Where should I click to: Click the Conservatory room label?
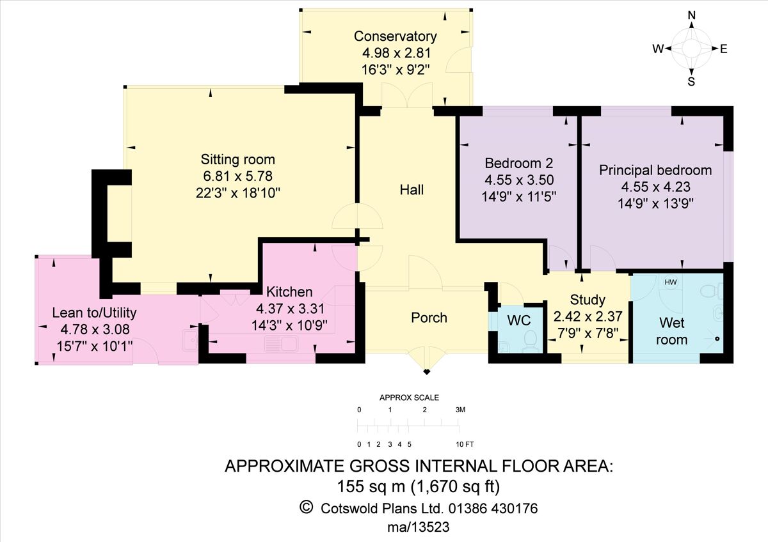pyautogui.click(x=396, y=36)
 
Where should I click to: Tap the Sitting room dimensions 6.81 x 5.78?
pyautogui.click(x=237, y=175)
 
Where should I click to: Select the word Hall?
pyautogui.click(x=412, y=190)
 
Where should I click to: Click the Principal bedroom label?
pyautogui.click(x=655, y=170)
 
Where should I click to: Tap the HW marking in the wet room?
pyautogui.click(x=671, y=283)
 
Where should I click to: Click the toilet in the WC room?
pyautogui.click(x=531, y=338)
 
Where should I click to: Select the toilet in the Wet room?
pyautogui.click(x=708, y=291)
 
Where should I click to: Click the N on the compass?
pyautogui.click(x=691, y=16)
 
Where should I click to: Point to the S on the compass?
pyautogui.click(x=691, y=81)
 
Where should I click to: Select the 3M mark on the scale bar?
pyautogui.click(x=460, y=410)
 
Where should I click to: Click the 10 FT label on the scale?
pyautogui.click(x=465, y=444)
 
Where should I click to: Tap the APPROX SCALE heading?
pyautogui.click(x=410, y=398)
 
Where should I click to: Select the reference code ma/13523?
pyautogui.click(x=419, y=527)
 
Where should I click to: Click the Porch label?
pyautogui.click(x=429, y=318)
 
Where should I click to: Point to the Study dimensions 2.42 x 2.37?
pyautogui.click(x=588, y=315)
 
